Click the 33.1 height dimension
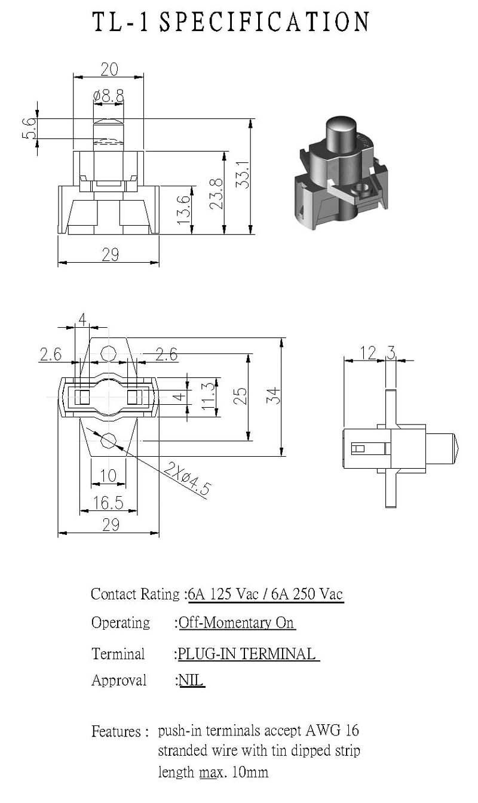tap(242, 174)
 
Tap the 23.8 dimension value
tap(216, 194)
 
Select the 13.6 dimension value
tap(184, 210)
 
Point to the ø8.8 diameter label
tap(108, 96)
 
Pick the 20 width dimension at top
tap(109, 69)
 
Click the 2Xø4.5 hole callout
tap(187, 479)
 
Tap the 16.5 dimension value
tap(108, 503)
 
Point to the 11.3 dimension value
tap(209, 396)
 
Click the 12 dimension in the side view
tap(368, 353)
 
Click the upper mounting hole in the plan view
tap(108, 354)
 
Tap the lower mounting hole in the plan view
tap(108, 441)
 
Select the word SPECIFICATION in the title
tap(265, 21)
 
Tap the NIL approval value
tap(191, 680)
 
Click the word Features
tap(116, 731)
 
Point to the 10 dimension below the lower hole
tap(108, 476)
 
